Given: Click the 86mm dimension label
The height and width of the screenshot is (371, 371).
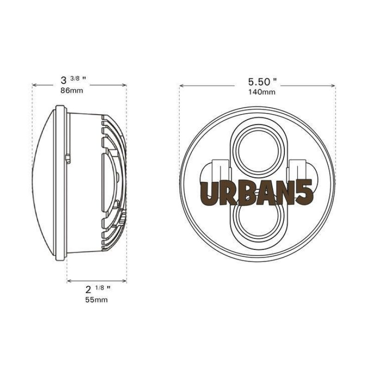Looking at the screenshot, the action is tap(72, 90).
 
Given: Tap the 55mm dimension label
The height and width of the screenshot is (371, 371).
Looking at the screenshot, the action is tap(96, 300).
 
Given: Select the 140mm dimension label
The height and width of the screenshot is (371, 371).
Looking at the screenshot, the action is tap(262, 92).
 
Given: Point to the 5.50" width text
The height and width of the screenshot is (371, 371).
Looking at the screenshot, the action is tap(262, 82).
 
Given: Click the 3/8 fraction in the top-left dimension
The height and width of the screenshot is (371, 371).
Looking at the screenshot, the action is tap(75, 78).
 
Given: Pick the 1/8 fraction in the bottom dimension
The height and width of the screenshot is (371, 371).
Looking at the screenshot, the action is tap(100, 288).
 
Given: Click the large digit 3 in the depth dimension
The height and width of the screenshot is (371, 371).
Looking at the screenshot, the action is tap(64, 80).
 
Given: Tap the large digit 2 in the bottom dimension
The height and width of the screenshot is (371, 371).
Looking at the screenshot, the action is tap(88, 289).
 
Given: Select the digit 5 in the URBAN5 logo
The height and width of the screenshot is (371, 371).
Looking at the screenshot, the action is tap(305, 192).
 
